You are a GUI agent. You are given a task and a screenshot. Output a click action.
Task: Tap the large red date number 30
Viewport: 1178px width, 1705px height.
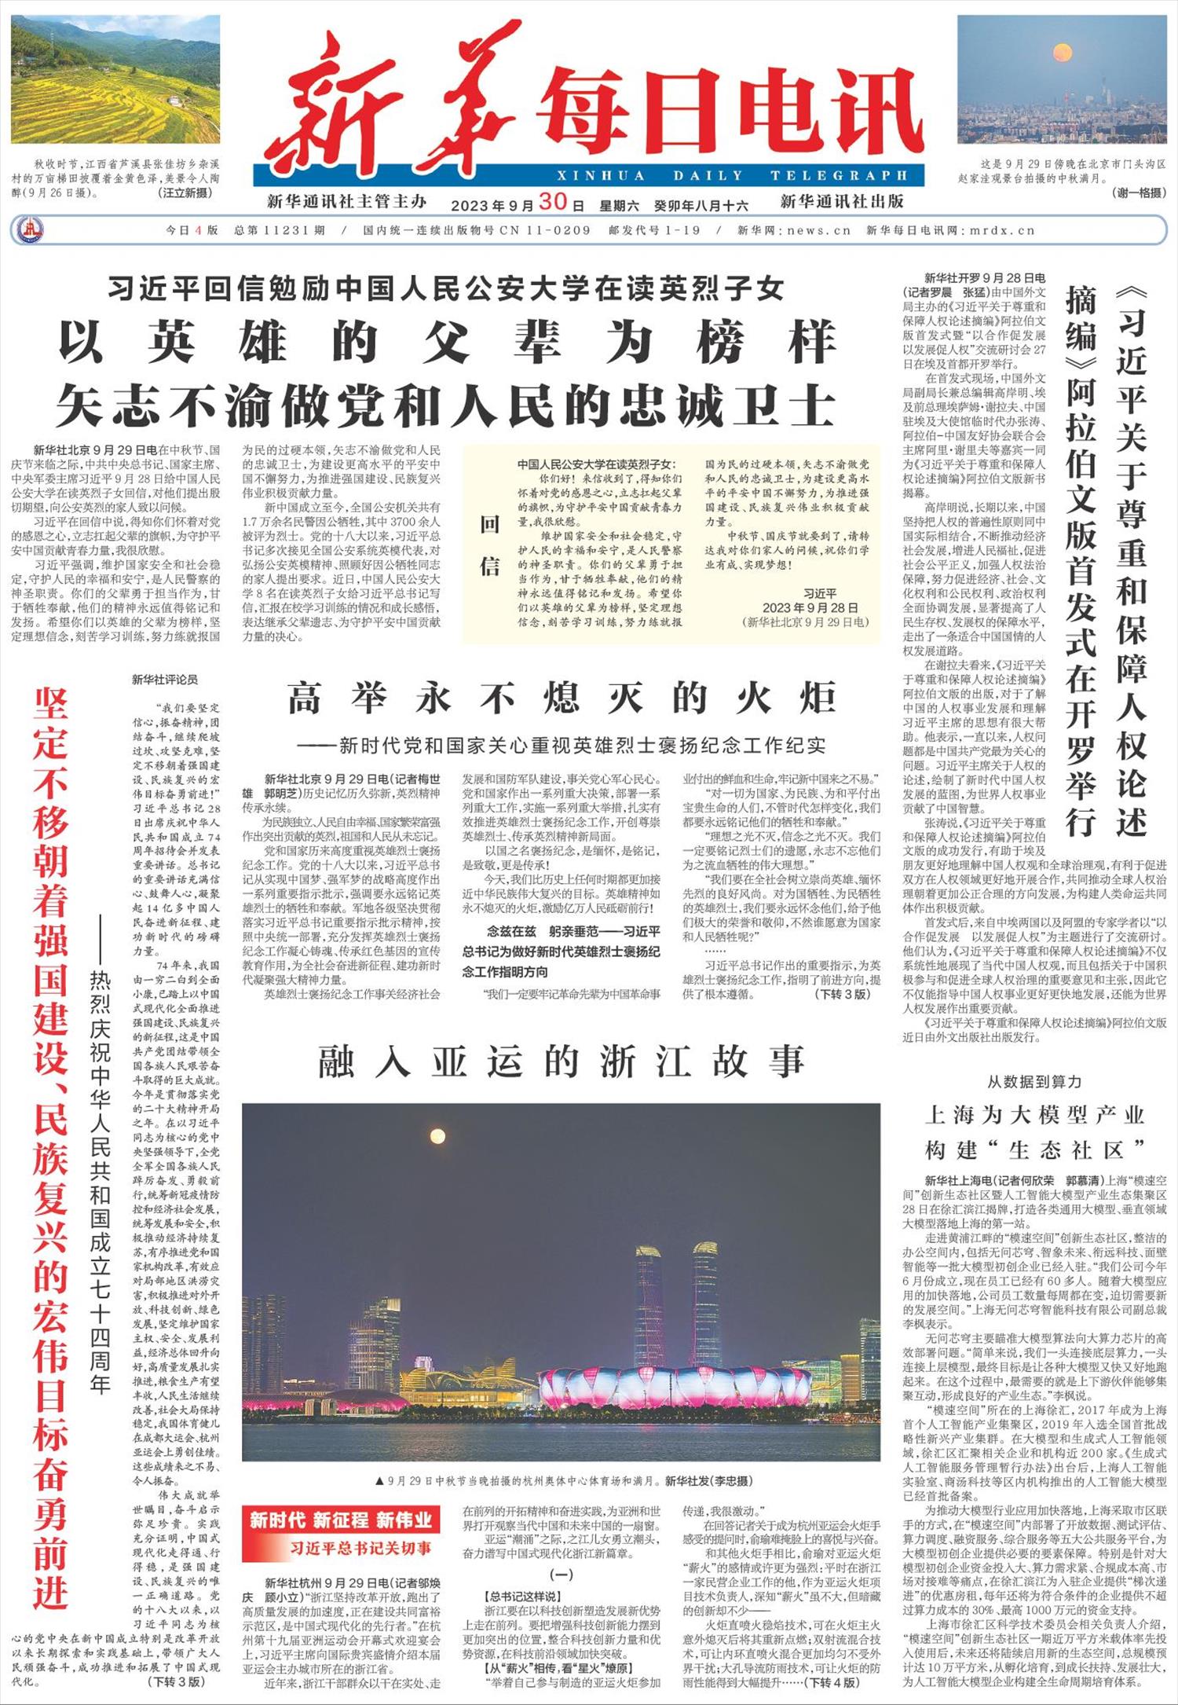(x=552, y=202)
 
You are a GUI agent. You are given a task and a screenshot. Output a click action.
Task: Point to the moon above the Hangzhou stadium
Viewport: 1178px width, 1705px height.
(x=437, y=1135)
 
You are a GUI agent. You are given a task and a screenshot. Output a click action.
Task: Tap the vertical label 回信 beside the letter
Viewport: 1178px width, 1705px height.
(x=490, y=545)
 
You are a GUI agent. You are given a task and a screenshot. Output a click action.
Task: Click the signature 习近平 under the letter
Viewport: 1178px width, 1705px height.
(x=819, y=594)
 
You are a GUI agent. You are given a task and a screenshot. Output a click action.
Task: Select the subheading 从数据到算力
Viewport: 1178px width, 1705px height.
(x=1033, y=1082)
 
